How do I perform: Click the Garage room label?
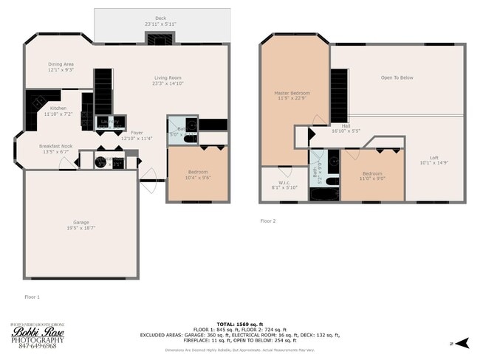coord(80,222)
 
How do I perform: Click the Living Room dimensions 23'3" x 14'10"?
coord(168,84)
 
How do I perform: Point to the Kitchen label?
coord(58,108)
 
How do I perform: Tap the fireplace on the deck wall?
coord(158,39)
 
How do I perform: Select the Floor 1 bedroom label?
coord(197,172)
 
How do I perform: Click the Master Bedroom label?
coord(292,93)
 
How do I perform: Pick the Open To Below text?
coord(397,77)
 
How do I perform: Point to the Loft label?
coord(435,157)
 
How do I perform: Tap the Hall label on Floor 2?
coord(346,125)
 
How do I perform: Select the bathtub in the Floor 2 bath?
coord(322,195)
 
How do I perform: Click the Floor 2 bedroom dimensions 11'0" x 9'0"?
coord(371,177)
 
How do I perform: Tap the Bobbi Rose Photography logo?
coord(37,336)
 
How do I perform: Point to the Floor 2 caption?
coord(267,221)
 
